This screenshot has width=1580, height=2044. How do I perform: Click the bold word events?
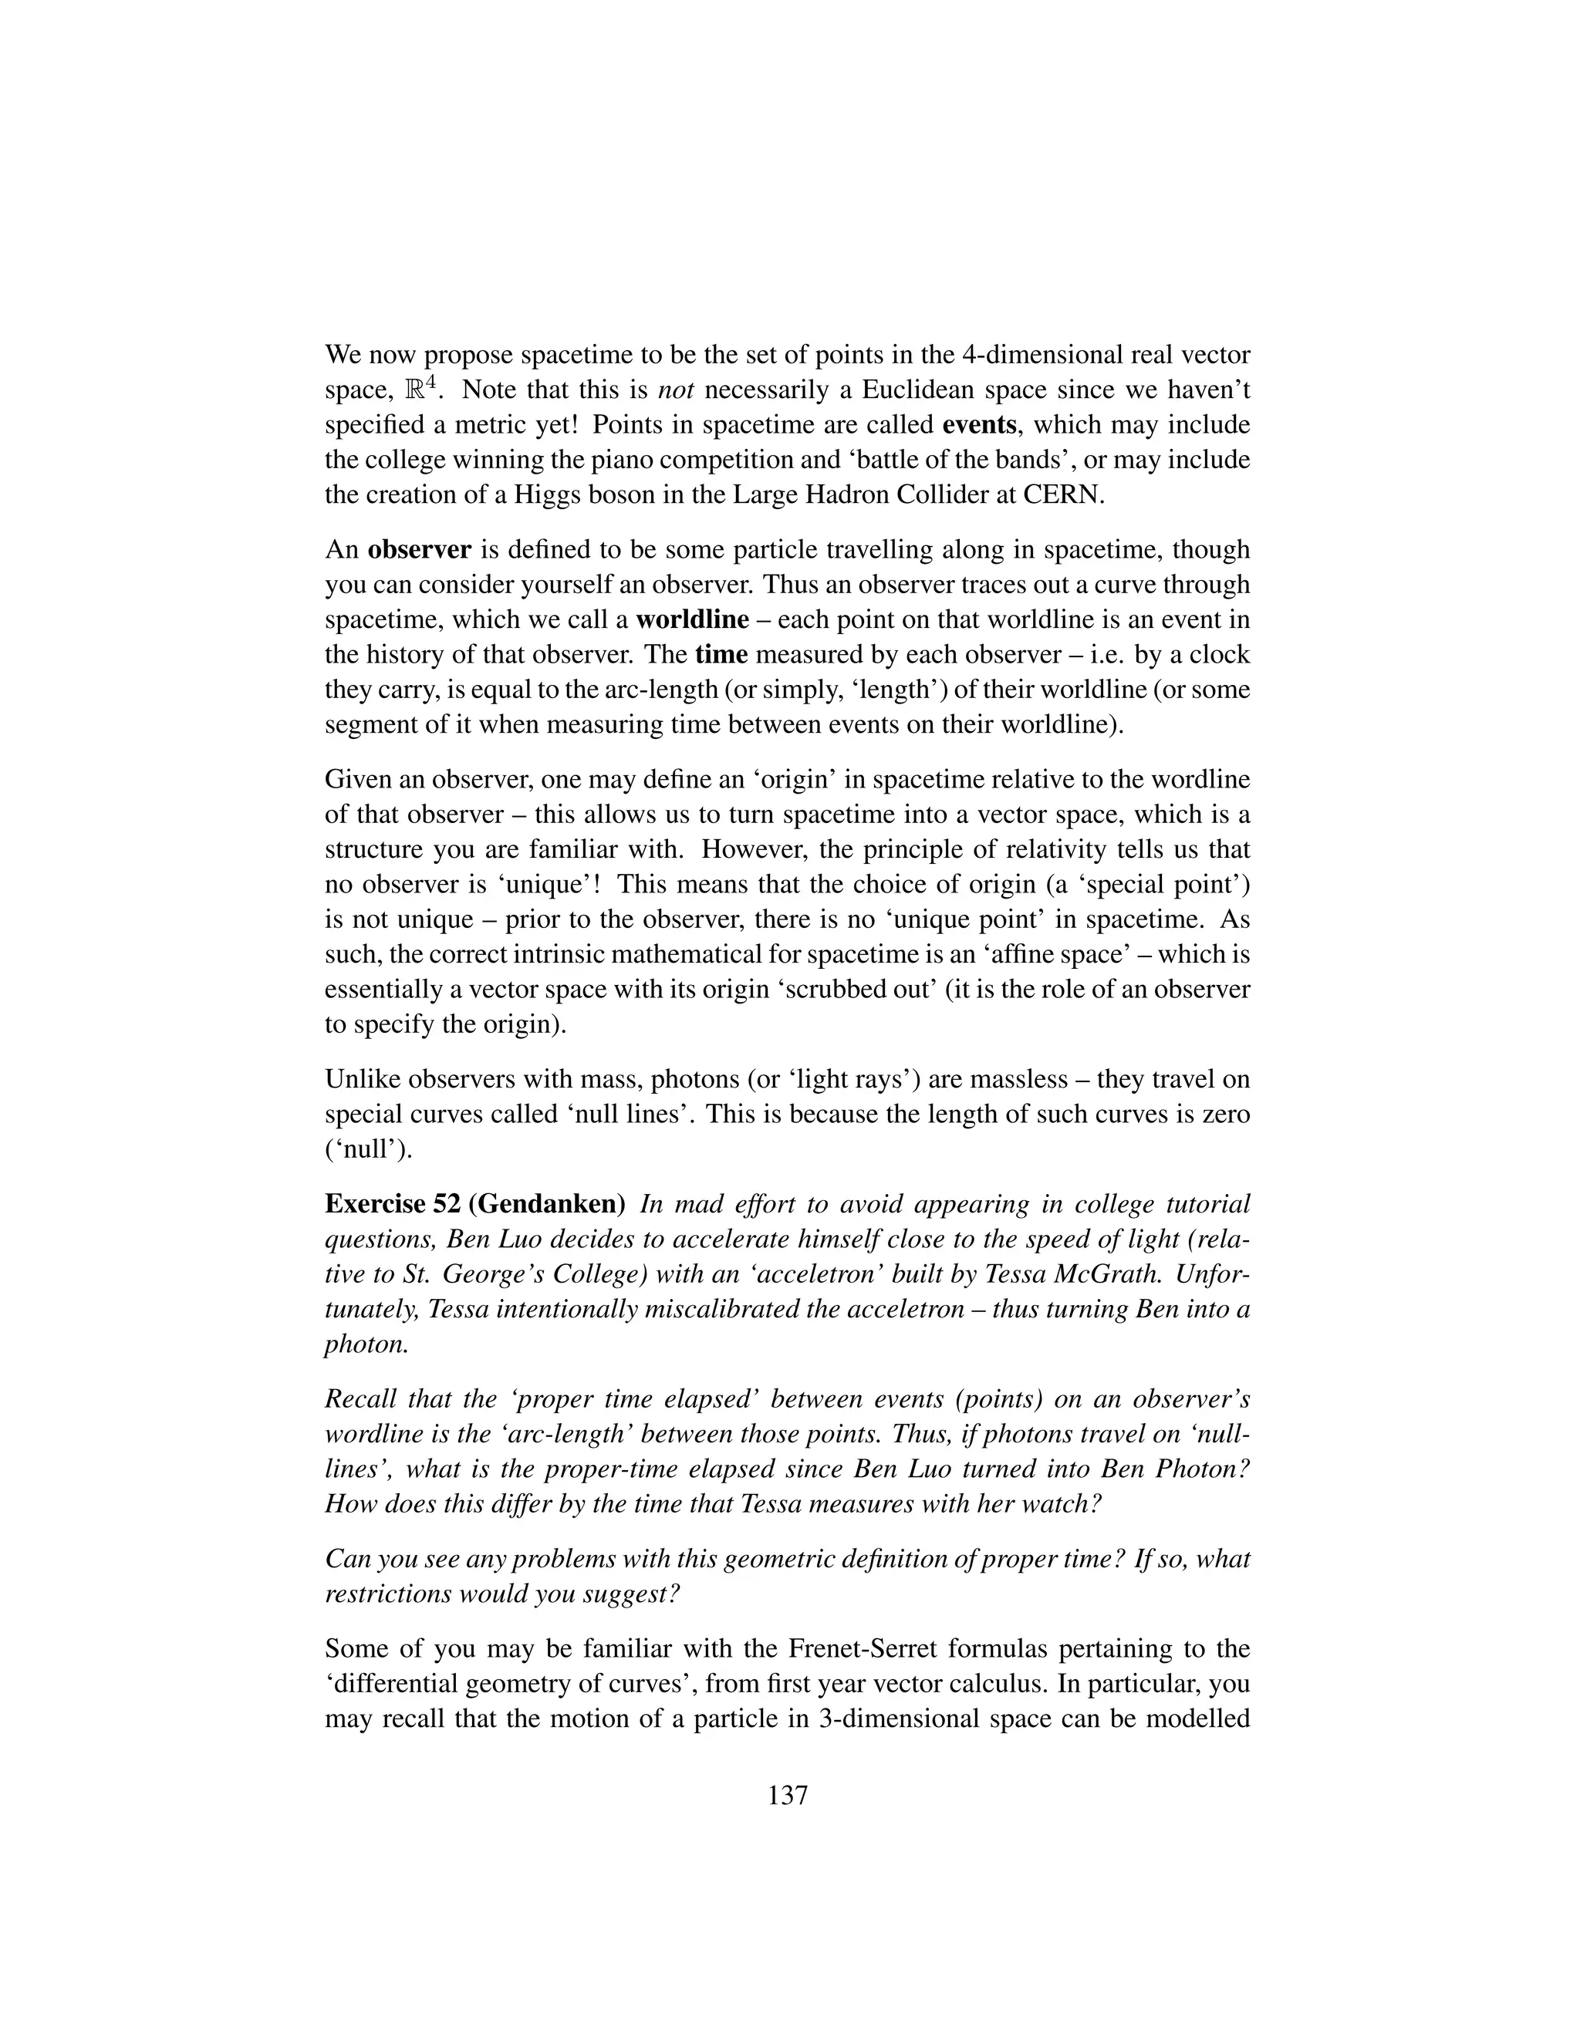point(979,425)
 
